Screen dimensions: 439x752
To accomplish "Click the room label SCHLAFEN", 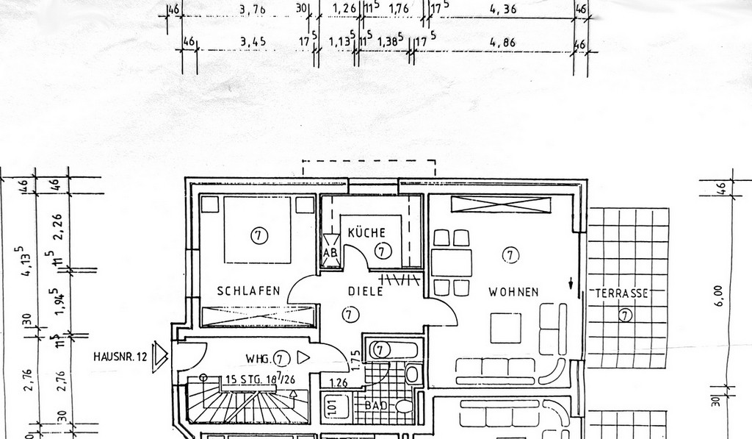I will [249, 291].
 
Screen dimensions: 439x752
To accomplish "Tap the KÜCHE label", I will [366, 233].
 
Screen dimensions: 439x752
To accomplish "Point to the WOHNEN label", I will [513, 292].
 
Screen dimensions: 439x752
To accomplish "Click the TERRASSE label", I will [621, 293].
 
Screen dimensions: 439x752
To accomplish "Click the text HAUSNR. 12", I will [120, 357].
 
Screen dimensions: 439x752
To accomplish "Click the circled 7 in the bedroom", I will [258, 235].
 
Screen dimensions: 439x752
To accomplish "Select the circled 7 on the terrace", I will [625, 316].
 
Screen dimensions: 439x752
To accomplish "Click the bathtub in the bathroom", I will [393, 350].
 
